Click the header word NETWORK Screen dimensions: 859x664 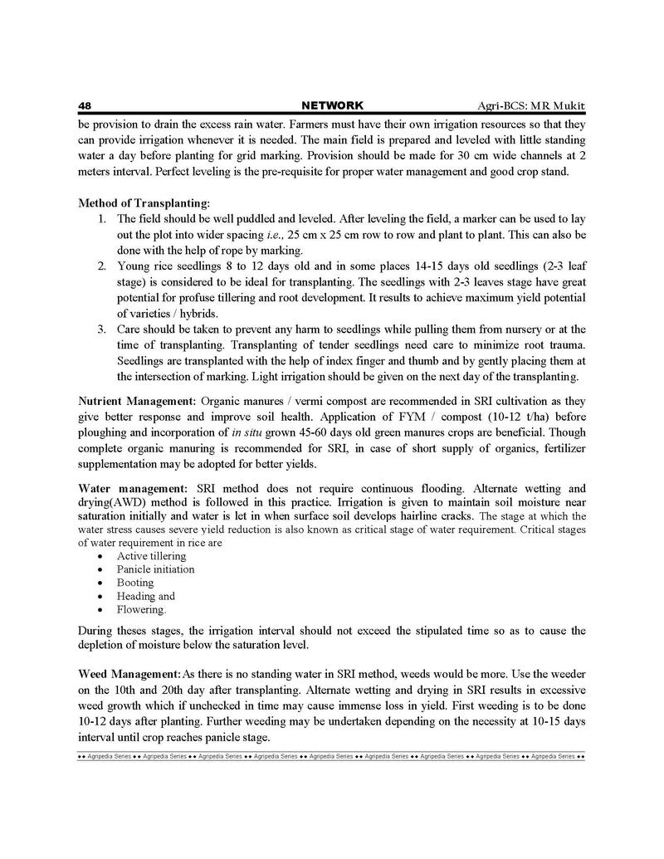point(332,106)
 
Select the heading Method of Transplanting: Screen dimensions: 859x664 point(144,203)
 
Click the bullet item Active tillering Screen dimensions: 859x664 point(151,556)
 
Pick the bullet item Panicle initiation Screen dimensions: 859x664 point(155,569)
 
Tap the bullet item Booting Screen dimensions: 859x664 point(135,583)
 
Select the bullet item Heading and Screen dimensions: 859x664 point(145,596)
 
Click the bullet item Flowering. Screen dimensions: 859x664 point(141,609)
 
